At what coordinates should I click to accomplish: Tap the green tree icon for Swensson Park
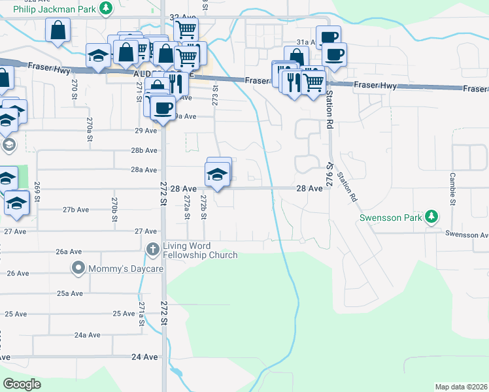tap(431, 216)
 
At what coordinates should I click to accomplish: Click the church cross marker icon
tap(152, 248)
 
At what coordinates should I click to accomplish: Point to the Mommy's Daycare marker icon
tap(78, 267)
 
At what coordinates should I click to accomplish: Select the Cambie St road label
tap(452, 189)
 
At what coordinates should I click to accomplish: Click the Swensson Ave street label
tap(467, 233)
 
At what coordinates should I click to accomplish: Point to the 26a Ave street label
tap(69, 252)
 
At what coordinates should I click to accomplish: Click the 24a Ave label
tap(87, 335)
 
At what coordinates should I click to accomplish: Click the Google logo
tap(22, 384)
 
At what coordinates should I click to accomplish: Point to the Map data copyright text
tap(460, 387)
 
